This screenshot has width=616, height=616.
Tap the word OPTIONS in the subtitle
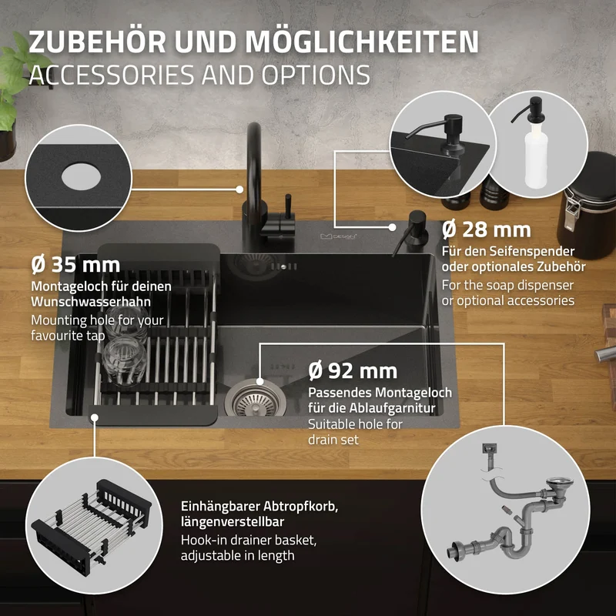316,75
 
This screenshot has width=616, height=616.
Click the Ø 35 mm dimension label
75,265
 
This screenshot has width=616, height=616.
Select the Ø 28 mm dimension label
487,229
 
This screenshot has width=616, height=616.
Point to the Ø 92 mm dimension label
353,371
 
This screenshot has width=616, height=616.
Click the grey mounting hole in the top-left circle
82,176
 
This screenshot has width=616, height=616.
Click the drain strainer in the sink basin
256,400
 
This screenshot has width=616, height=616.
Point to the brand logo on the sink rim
338,236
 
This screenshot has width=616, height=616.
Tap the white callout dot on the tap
239,189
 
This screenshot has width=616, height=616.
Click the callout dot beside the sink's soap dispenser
392,227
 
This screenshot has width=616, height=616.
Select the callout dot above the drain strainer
259,381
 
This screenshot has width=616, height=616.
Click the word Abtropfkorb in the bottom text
300,506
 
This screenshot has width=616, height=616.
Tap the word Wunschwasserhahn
91,301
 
